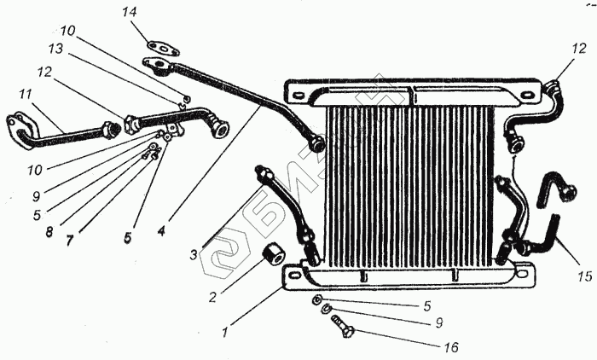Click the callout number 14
pyautogui.click(x=129, y=12)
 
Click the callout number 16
pyautogui.click(x=450, y=347)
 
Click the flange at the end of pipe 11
pyautogui.click(x=20, y=127)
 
